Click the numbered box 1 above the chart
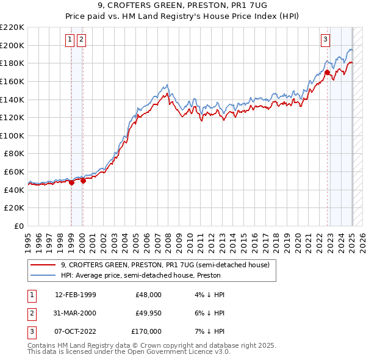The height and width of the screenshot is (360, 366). pyautogui.click(x=70, y=40)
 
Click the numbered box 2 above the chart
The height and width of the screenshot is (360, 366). pyautogui.click(x=81, y=40)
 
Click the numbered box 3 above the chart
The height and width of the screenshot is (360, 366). pyautogui.click(x=326, y=40)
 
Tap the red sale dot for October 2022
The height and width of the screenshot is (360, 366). pyautogui.click(x=328, y=72)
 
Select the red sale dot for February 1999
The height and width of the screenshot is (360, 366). pyautogui.click(x=71, y=182)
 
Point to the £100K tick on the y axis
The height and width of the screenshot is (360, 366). pyautogui.click(x=13, y=135)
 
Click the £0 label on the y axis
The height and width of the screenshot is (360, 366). pyautogui.click(x=20, y=226)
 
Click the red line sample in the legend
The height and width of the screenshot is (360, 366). pyautogui.click(x=43, y=265)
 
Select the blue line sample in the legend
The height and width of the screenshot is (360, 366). pyautogui.click(x=43, y=275)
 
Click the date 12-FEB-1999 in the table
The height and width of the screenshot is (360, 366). pyautogui.click(x=76, y=295)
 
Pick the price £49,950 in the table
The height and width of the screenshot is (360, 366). pyautogui.click(x=148, y=313)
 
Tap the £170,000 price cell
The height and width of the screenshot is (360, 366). pyautogui.click(x=146, y=331)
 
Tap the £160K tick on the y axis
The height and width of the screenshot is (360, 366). pyautogui.click(x=13, y=81)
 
